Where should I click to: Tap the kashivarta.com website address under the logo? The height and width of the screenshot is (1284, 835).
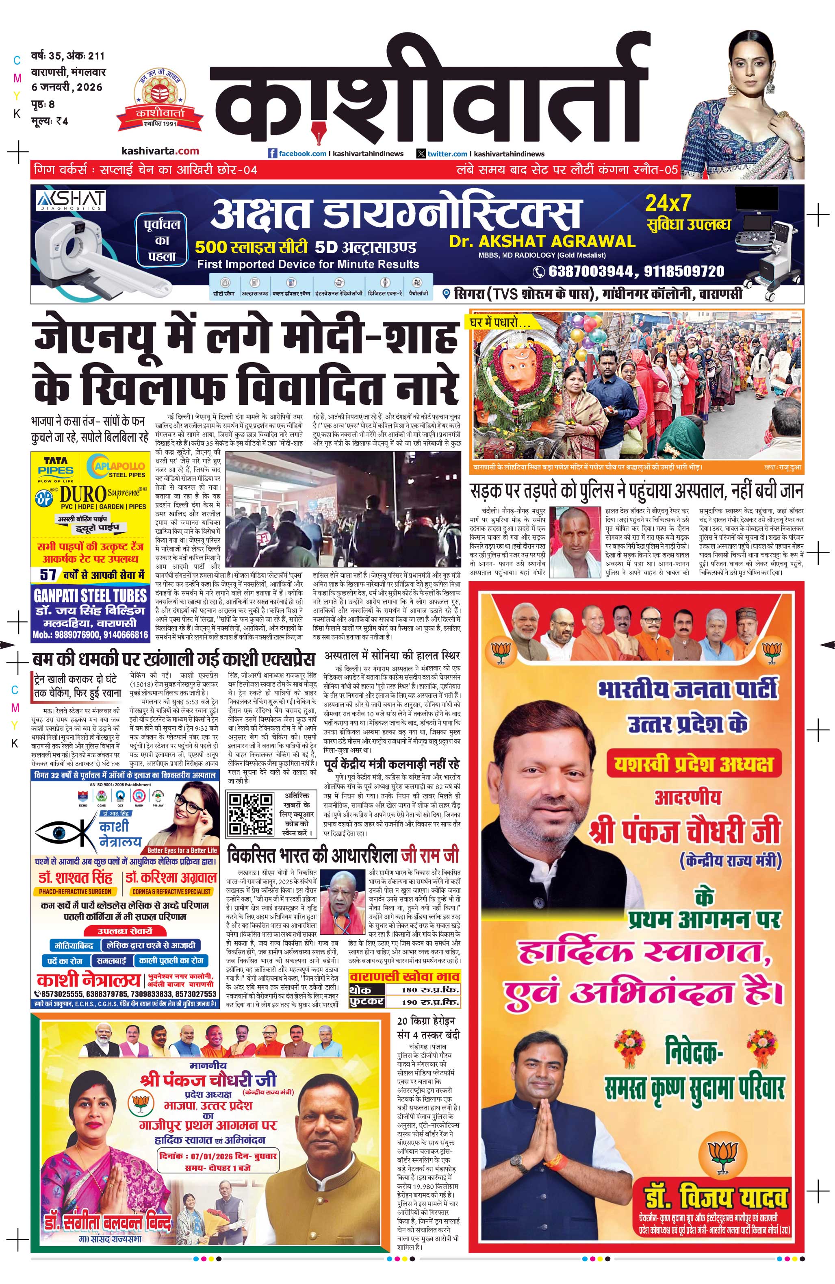tap(160, 151)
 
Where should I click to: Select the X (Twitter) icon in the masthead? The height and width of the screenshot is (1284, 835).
tap(421, 154)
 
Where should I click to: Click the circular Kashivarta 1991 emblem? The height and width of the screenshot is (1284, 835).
tap(160, 97)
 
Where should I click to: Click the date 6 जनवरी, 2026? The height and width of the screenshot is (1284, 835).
tap(67, 87)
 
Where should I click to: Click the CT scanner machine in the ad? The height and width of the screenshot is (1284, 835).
tap(81, 243)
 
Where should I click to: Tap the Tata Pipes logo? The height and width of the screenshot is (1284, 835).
tap(56, 465)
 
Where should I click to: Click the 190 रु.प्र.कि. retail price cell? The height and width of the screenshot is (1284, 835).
tap(430, 1002)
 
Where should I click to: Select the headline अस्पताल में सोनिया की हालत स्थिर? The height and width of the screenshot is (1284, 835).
tap(392, 656)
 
